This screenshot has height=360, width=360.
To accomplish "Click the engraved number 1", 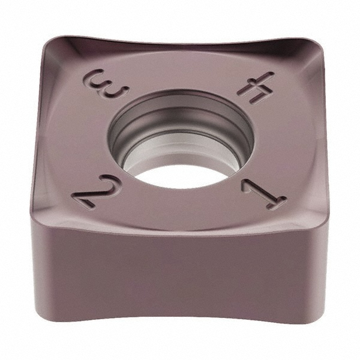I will (263, 194).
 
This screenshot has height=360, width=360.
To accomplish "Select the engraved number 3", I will (108, 84).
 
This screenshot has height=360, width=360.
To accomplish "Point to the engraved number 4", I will (255, 86).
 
